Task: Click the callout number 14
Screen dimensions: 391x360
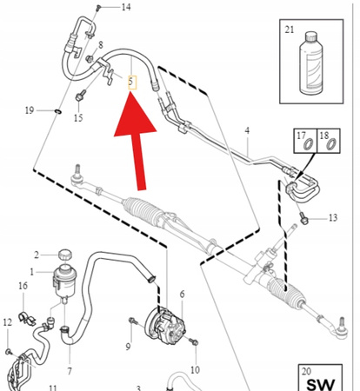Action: [x=126, y=8]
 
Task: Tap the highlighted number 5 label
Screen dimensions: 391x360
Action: [x=131, y=83]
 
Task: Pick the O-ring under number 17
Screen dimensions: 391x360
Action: [x=304, y=150]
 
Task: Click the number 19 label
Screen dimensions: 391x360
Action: [x=29, y=110]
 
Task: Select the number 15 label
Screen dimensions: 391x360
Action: [x=78, y=117]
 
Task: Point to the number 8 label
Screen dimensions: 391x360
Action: [x=101, y=44]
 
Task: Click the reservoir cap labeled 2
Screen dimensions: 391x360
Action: [x=63, y=255]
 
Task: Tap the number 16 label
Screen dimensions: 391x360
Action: [x=23, y=286]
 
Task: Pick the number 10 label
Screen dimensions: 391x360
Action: [x=194, y=369]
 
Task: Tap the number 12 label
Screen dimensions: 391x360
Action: [x=7, y=323]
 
